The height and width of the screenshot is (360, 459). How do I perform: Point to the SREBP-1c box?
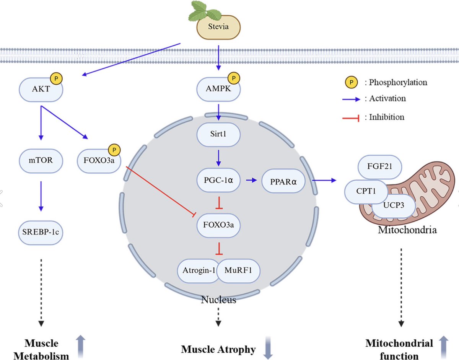point(40,231)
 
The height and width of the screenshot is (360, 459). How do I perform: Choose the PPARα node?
point(283,181)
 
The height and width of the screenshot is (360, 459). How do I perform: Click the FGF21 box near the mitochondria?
point(380,167)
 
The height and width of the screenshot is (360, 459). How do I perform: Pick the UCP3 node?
point(394,206)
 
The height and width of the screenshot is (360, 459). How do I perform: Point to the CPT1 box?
point(366,191)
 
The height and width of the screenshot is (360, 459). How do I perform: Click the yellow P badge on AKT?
point(56,79)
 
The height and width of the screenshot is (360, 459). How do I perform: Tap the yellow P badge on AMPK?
point(234,79)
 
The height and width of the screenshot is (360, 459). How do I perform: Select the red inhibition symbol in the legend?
point(351,118)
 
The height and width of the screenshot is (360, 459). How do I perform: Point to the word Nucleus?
point(218,299)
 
